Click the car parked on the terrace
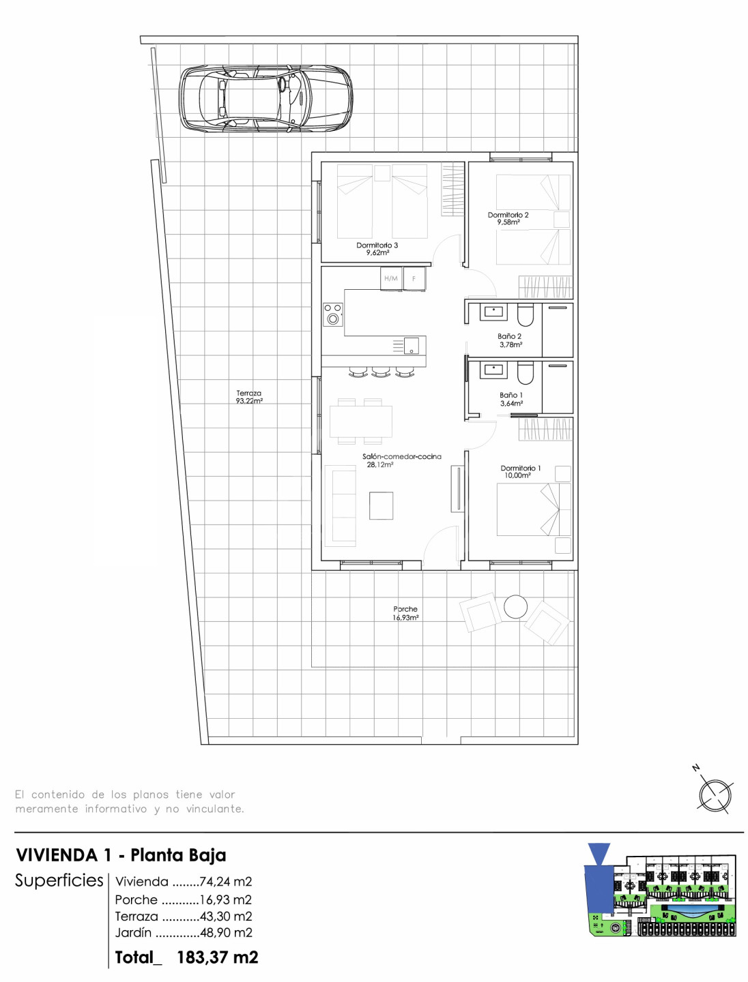click(265, 99)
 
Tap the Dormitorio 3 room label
click(377, 249)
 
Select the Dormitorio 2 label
click(508, 218)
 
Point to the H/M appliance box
click(391, 278)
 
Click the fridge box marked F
click(414, 278)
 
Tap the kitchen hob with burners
click(333, 314)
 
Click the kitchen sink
click(409, 345)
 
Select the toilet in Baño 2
click(525, 315)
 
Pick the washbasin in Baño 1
click(493, 371)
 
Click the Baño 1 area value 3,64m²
click(512, 403)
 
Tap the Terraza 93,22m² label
click(249, 397)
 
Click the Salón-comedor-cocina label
click(401, 456)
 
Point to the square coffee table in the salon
click(381, 505)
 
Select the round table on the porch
click(515, 607)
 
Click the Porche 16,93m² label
click(405, 613)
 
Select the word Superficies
click(59, 880)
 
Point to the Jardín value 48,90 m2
click(226, 932)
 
